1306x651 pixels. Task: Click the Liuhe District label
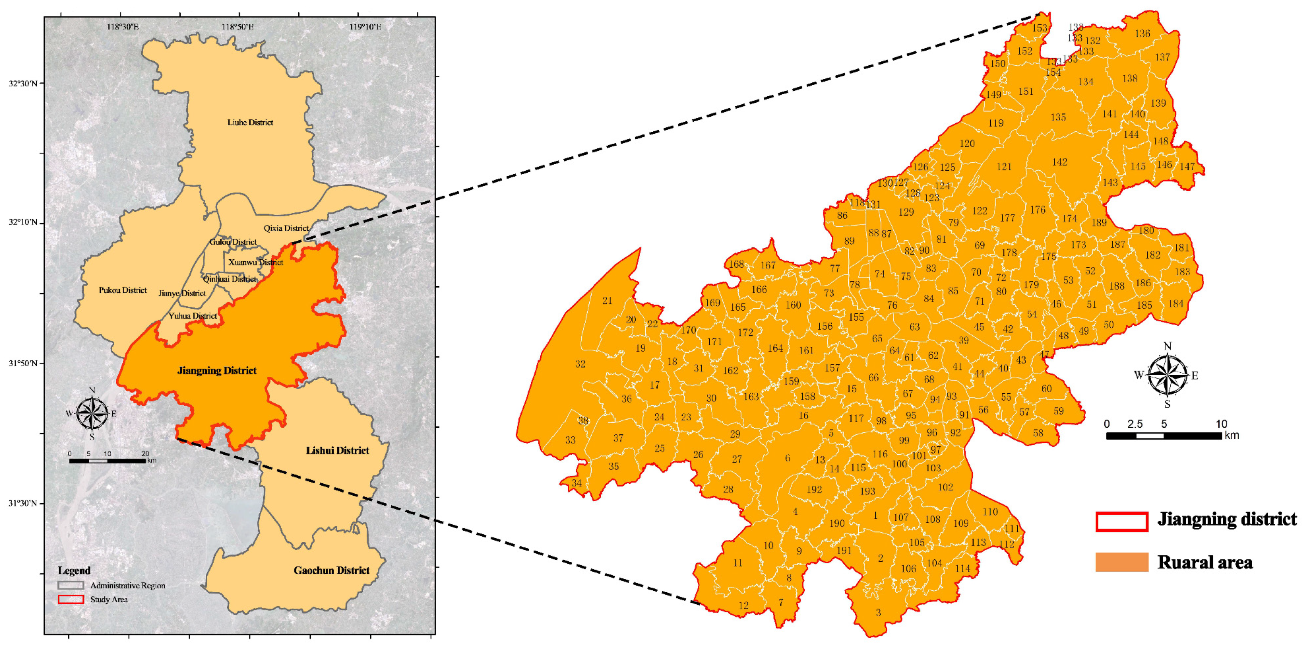point(250,122)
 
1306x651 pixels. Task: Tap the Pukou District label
point(123,290)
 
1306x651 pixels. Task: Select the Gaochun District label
point(332,570)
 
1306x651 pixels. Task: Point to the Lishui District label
point(337,450)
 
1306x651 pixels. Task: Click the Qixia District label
point(286,228)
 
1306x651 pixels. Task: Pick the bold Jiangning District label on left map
point(217,371)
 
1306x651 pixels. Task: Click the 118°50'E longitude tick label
point(237,27)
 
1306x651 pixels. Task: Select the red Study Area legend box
point(71,599)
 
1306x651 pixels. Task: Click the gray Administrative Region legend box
point(71,585)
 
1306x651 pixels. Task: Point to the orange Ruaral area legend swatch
point(1122,562)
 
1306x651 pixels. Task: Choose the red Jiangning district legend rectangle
point(1122,522)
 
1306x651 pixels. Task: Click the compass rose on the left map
point(92,413)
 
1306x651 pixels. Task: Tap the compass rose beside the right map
point(1167,376)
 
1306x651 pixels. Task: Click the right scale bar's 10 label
point(1221,424)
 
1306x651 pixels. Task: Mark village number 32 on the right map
point(580,364)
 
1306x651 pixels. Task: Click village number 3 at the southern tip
point(878,612)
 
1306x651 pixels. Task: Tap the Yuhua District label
point(193,316)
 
